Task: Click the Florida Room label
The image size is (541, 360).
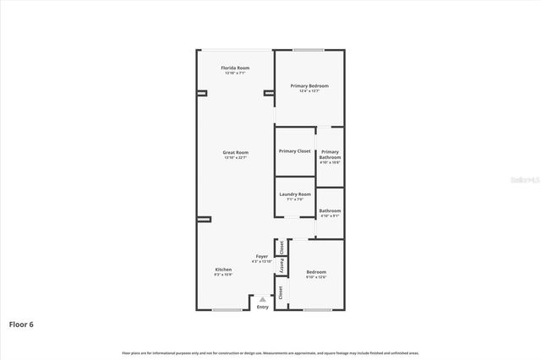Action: [235, 68]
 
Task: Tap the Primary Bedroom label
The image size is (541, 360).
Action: [309, 86]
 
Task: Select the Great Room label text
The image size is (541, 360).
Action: [235, 152]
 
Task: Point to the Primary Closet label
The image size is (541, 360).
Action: [295, 151]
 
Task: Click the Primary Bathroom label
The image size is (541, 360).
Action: [330, 155]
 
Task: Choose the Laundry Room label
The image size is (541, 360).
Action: [295, 194]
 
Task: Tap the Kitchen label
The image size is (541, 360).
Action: [223, 270]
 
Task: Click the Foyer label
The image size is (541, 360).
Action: [262, 256]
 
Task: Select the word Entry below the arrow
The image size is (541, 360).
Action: [263, 307]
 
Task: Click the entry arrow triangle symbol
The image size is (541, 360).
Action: [263, 298]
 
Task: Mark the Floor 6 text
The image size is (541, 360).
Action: [22, 324]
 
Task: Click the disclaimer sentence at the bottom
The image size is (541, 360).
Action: [270, 352]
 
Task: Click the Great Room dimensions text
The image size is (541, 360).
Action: [235, 158]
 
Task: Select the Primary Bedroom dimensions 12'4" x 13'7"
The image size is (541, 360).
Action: [309, 92]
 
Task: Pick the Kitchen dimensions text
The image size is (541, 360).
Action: [223, 275]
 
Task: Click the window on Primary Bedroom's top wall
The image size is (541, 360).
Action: [309, 50]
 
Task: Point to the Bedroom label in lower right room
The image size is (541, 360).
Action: [315, 271]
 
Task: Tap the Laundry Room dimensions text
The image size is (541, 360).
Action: [295, 200]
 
